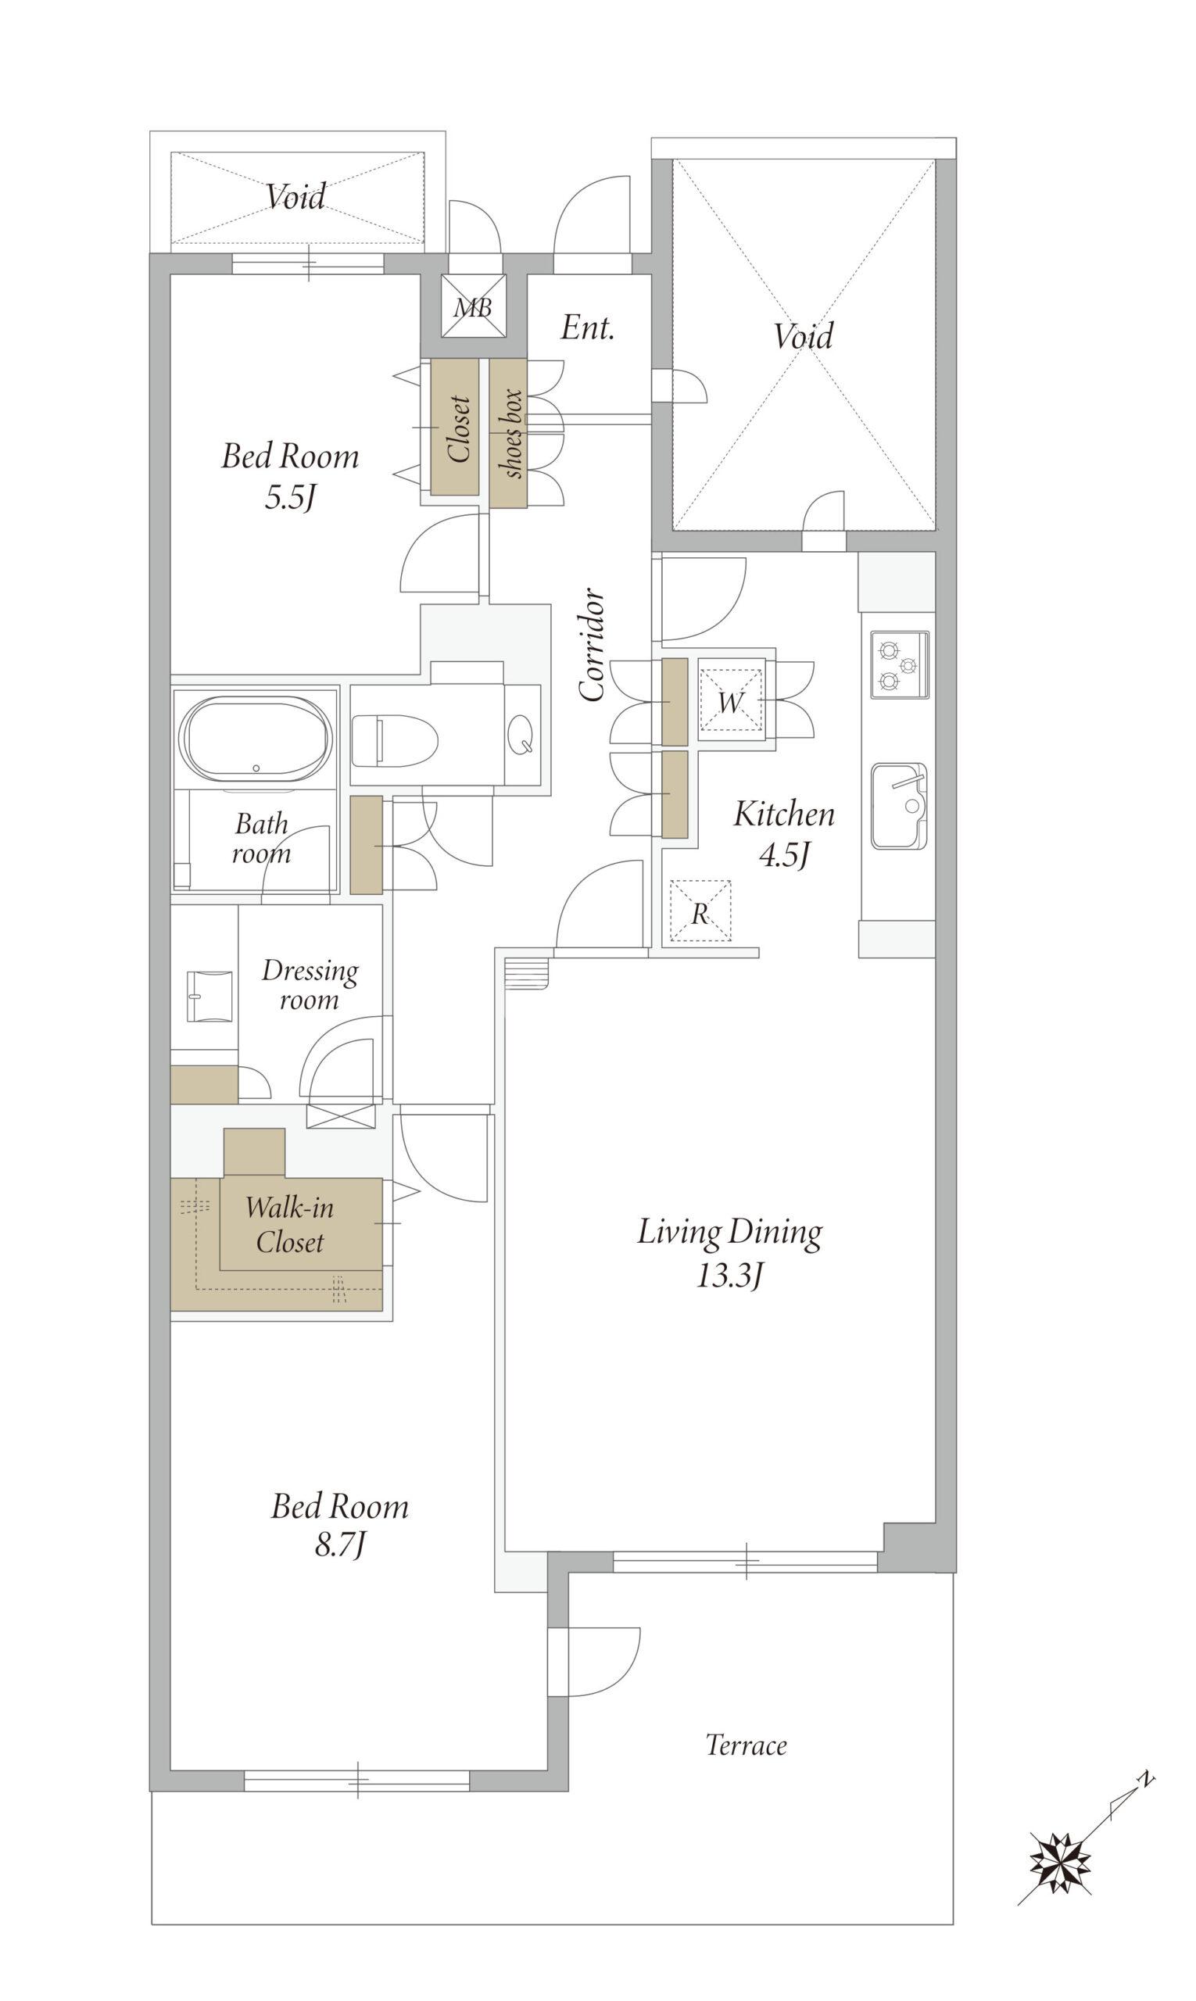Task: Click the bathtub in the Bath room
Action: click(256, 738)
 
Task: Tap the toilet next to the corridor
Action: click(395, 739)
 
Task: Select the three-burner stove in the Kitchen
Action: click(900, 665)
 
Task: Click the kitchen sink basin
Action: click(899, 806)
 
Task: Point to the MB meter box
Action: click(473, 306)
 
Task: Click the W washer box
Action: click(731, 700)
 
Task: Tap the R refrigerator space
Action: click(700, 911)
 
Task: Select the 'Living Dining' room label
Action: click(730, 1232)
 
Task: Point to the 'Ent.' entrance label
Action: click(588, 328)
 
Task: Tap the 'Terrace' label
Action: click(747, 1745)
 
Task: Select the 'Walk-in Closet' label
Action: click(289, 1223)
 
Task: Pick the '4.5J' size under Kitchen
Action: click(783, 854)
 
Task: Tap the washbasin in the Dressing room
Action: click(209, 997)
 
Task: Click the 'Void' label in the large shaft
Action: click(803, 335)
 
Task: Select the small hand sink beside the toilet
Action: click(522, 733)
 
